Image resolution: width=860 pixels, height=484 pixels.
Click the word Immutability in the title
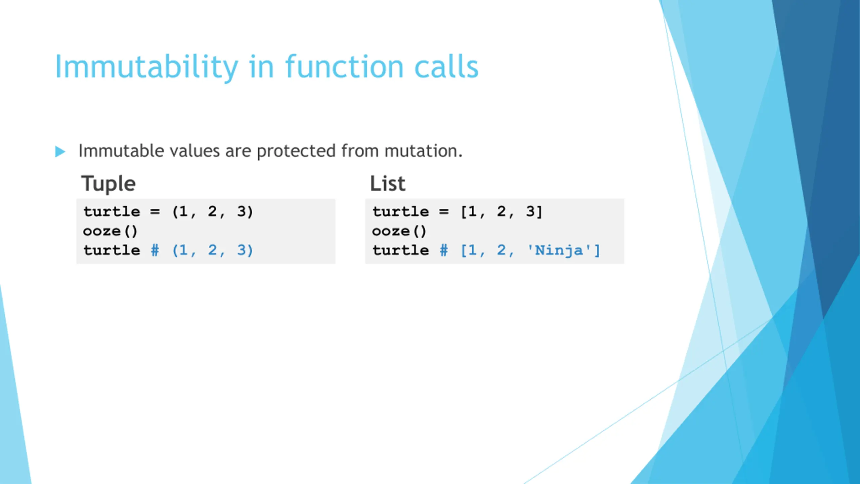(146, 67)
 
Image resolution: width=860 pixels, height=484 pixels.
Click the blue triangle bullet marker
(60, 152)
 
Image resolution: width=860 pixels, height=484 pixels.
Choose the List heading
(388, 184)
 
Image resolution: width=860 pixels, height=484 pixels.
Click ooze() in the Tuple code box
(110, 231)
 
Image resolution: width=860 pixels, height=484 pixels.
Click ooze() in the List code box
(399, 231)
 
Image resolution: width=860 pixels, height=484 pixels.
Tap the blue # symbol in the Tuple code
(155, 250)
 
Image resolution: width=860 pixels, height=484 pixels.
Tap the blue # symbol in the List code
(444, 250)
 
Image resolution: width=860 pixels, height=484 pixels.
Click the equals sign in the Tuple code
(155, 212)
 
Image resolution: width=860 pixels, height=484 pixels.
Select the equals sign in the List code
(444, 212)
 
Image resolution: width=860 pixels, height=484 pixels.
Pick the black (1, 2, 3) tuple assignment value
(212, 212)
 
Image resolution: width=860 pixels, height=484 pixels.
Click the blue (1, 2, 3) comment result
(212, 250)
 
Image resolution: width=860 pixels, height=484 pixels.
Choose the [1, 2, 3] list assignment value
(501, 212)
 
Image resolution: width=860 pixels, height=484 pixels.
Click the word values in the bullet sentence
(195, 151)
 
